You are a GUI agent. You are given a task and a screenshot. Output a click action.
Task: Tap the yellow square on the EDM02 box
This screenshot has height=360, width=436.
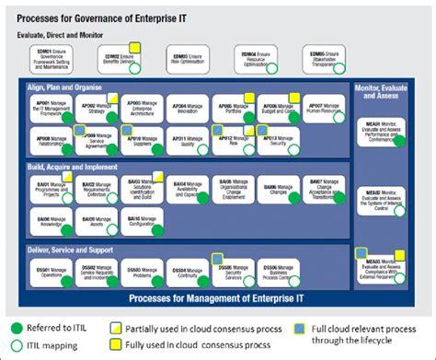pos(134,45)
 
